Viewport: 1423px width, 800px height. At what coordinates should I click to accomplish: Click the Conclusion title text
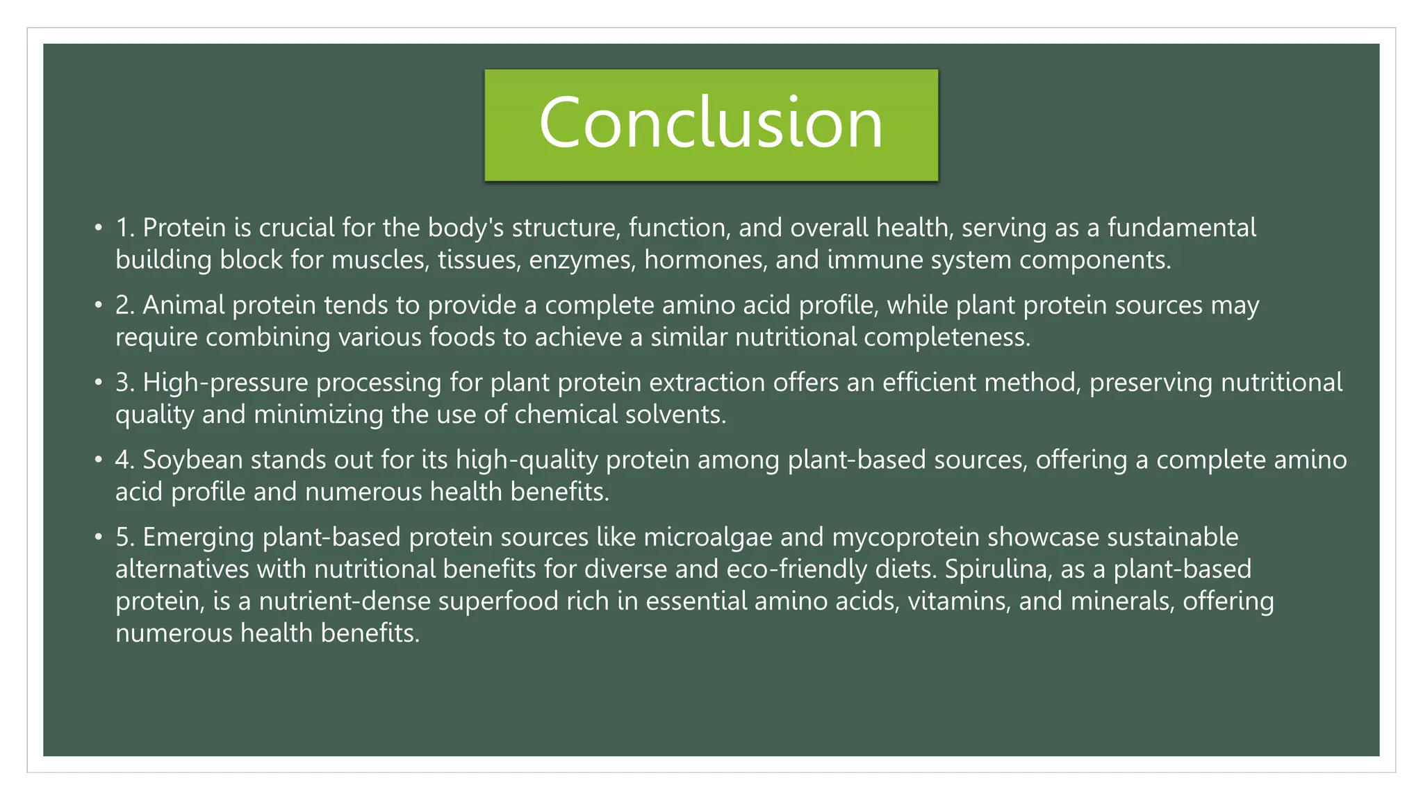[x=711, y=123]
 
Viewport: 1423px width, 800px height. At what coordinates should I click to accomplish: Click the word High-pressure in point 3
[x=225, y=383]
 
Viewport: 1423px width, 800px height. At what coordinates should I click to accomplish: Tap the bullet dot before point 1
[x=99, y=228]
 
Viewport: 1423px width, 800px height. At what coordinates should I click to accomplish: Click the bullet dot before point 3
[x=99, y=383]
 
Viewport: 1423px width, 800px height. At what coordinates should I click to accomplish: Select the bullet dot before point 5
[x=99, y=537]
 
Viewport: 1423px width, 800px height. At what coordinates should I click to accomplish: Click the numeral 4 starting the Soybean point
[x=123, y=460]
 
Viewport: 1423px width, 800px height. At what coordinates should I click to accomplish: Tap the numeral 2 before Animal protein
[x=123, y=306]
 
